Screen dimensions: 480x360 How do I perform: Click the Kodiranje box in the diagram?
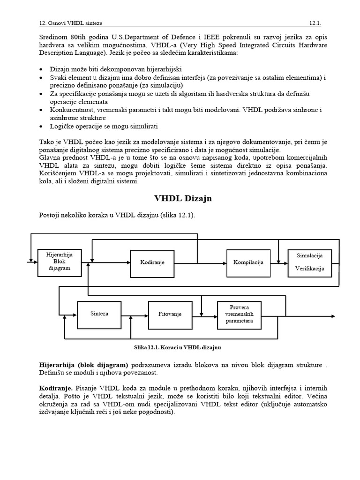[x=152, y=262]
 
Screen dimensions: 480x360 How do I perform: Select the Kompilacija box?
[x=248, y=262]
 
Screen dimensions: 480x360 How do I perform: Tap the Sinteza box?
[x=99, y=313]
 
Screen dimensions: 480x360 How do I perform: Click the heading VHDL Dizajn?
[x=183, y=198]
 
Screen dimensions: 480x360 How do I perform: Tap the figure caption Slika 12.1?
[x=178, y=347]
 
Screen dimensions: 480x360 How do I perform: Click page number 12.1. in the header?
[x=315, y=23]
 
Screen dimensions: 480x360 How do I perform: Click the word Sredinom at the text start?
[x=52, y=37]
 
